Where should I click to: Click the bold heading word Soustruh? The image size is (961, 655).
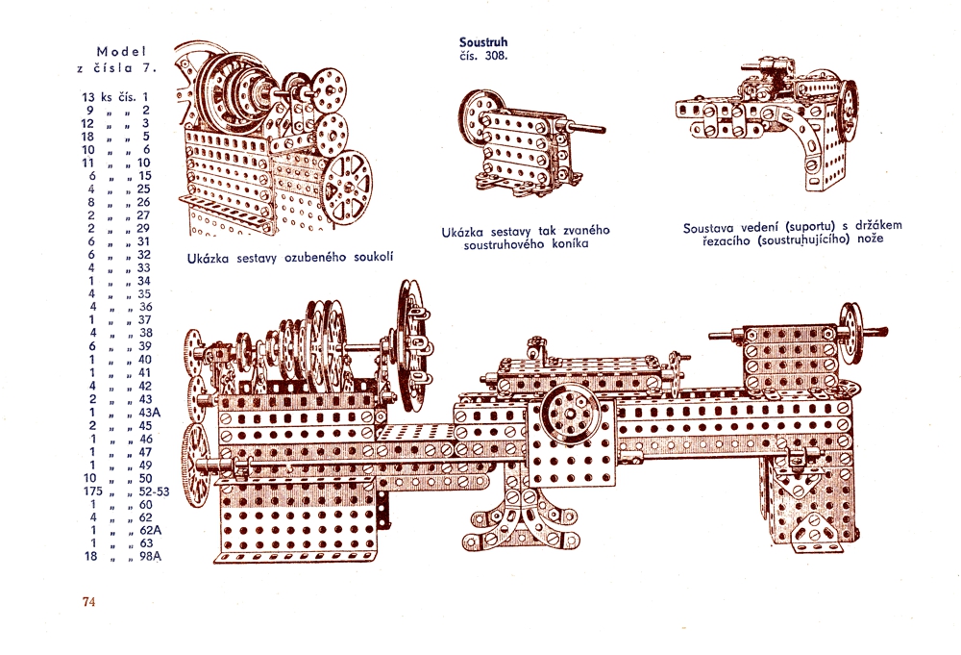click(x=484, y=42)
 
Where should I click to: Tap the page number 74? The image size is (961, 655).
click(x=89, y=602)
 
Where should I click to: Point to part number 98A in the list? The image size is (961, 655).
click(x=148, y=557)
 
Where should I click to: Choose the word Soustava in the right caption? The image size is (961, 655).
click(x=713, y=228)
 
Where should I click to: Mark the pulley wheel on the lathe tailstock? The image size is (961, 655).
click(x=850, y=333)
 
